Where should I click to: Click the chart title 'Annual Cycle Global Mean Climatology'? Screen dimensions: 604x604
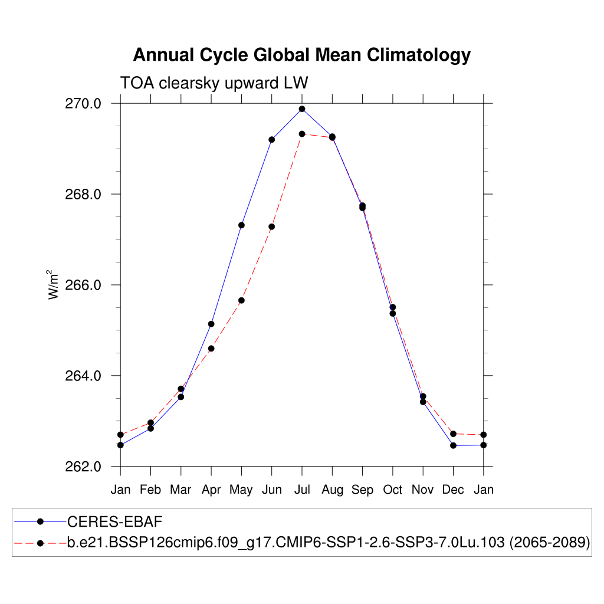tap(301, 55)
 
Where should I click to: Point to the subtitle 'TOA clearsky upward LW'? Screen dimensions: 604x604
tap(214, 83)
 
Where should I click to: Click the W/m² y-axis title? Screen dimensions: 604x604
tap(54, 284)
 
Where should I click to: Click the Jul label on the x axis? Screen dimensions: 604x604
tap(302, 490)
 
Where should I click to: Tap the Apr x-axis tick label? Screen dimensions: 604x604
tap(211, 490)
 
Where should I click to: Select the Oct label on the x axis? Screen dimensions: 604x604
tap(393, 490)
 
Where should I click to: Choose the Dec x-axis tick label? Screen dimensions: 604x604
tap(453, 490)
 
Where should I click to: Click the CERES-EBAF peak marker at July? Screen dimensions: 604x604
tap(302, 109)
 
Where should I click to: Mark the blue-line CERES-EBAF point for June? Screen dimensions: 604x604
tap(272, 139)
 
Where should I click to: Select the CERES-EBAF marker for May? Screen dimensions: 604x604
tap(241, 225)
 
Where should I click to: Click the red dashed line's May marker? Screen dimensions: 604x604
tap(241, 300)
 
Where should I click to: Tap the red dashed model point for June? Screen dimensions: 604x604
tap(272, 226)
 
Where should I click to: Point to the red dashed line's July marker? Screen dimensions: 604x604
tap(302, 134)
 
